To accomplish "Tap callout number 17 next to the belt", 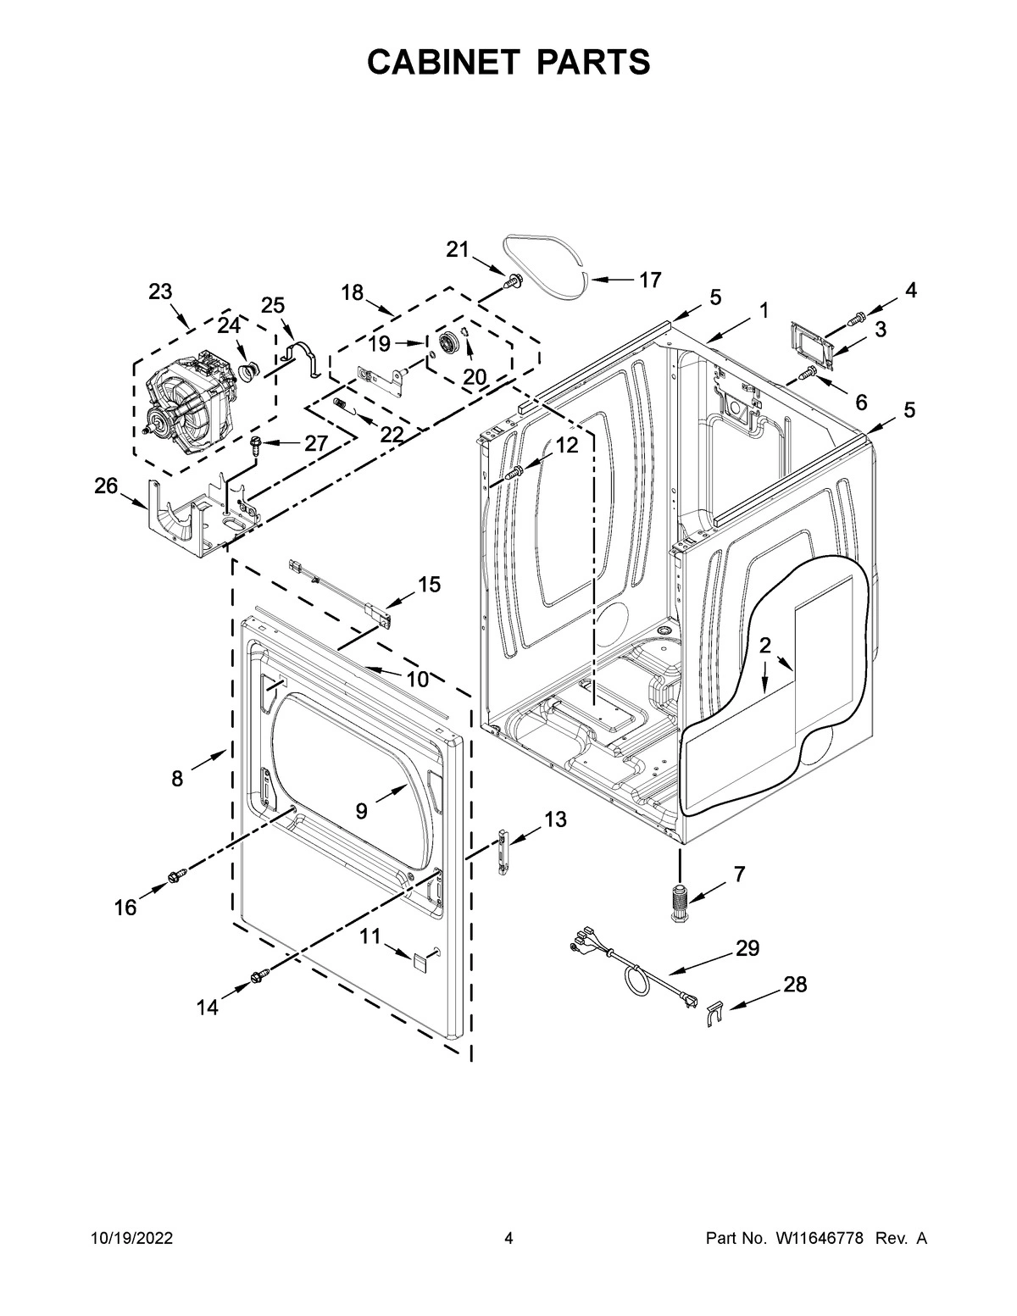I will point(649,280).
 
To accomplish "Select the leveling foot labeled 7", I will point(680,903).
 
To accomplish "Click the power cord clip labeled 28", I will point(714,1011).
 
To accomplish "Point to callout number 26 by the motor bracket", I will point(105,486).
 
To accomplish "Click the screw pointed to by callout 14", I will point(257,981).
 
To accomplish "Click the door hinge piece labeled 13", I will point(503,848).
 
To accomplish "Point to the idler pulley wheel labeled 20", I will point(447,344).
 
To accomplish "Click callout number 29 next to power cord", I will point(747,948).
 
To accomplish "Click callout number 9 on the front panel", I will point(361,811).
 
